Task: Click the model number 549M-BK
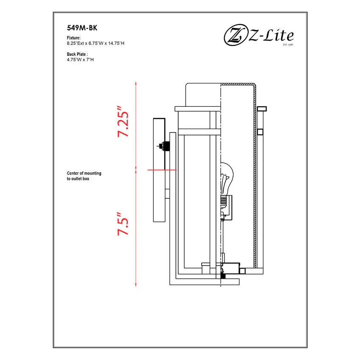click(x=82, y=28)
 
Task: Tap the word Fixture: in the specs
click(x=74, y=38)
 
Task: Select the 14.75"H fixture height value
click(x=116, y=43)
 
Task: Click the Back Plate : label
click(x=78, y=54)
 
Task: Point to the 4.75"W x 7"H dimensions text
click(x=80, y=60)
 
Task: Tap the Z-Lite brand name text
click(x=271, y=36)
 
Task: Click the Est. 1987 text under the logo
click(x=288, y=44)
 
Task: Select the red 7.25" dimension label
click(x=123, y=122)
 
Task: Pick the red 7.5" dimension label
click(x=123, y=224)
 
